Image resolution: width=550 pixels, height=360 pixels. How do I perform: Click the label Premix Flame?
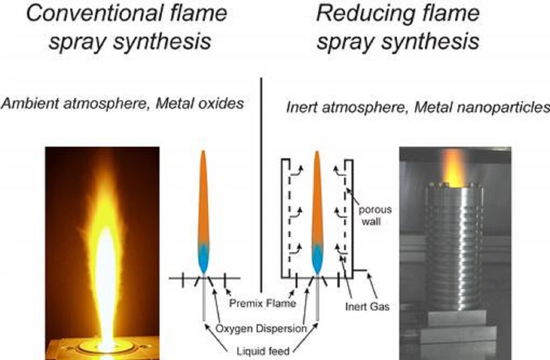(x=263, y=303)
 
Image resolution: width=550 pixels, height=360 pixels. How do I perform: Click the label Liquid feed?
(x=263, y=351)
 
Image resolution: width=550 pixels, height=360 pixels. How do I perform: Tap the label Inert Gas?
(x=367, y=306)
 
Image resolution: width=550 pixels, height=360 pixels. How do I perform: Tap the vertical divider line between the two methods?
(x=261, y=183)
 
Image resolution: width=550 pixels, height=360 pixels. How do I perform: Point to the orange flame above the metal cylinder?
(x=453, y=170)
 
